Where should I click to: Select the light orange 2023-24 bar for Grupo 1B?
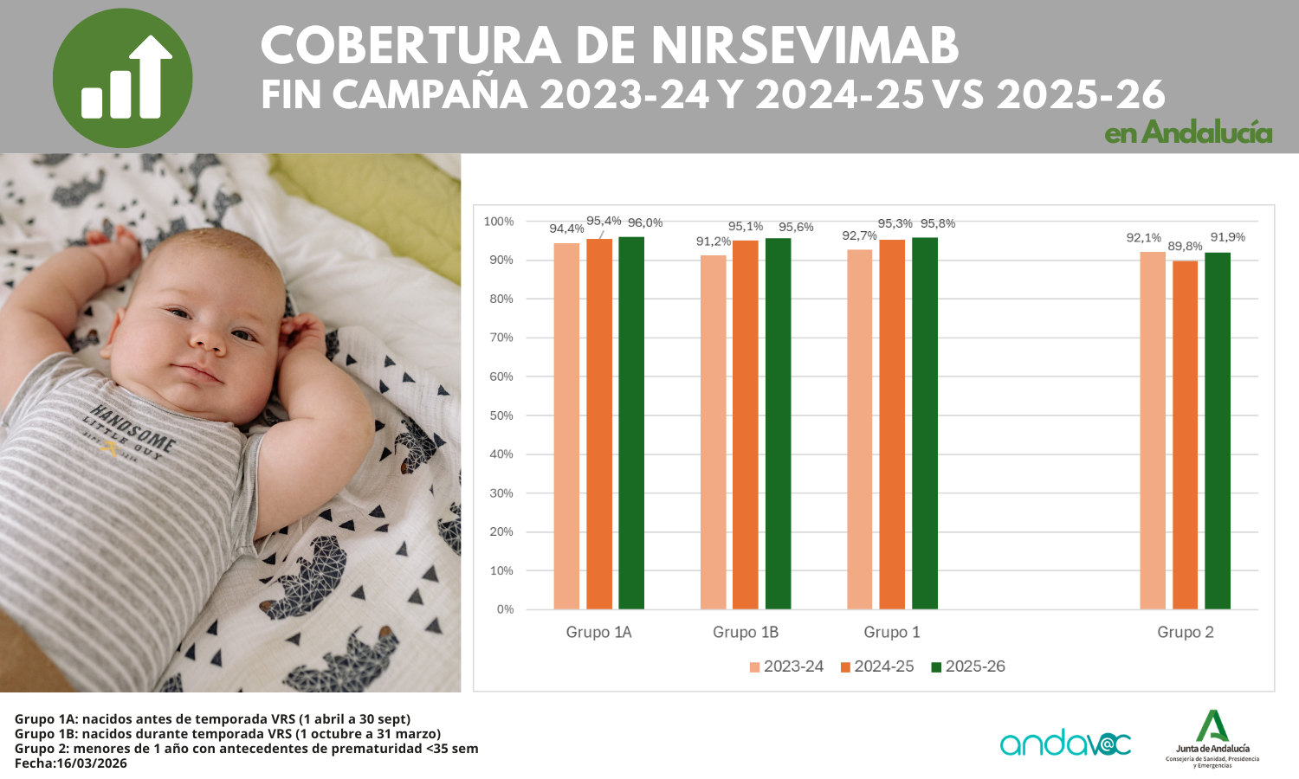714,432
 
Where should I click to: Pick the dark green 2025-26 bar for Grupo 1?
925,423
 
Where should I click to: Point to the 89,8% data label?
1185,247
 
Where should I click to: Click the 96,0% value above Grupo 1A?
645,223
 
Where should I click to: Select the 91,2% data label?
714,241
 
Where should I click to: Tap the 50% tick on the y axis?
501,415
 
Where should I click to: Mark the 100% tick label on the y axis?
499,222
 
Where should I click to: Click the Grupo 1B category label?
746,633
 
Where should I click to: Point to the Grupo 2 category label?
1186,633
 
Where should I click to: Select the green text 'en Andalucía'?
1188,132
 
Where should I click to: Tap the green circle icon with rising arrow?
122,78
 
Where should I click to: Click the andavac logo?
1065,743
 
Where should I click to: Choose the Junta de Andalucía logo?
1212,738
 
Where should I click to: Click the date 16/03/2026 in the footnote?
91,763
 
